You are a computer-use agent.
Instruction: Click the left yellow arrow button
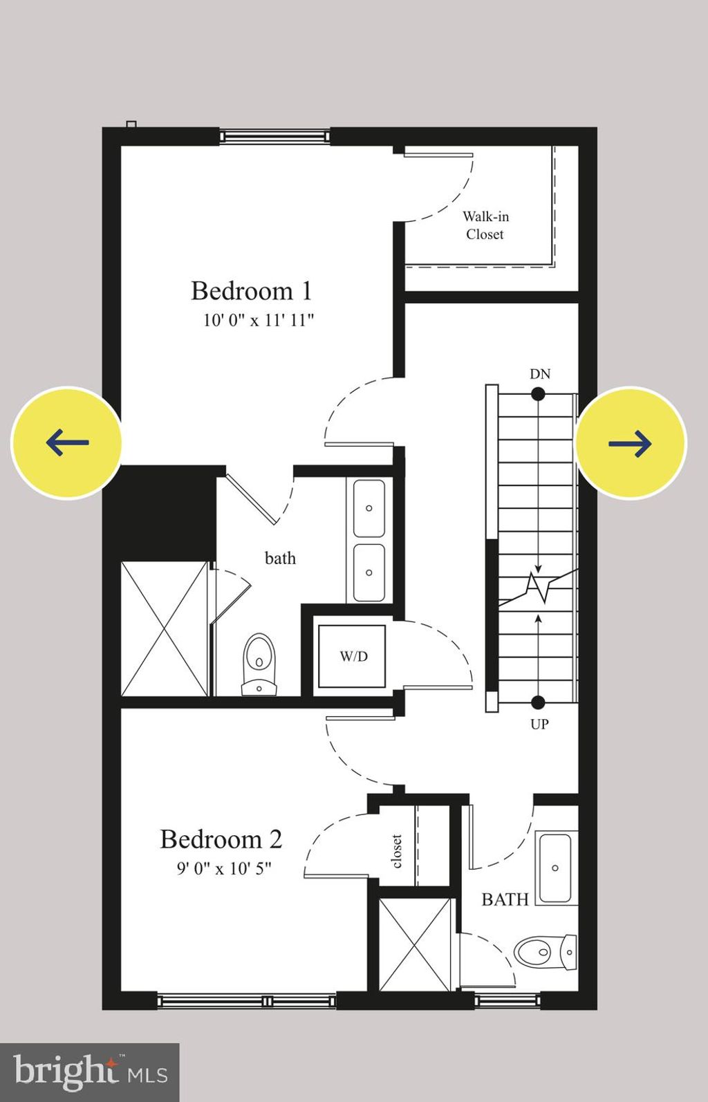pyautogui.click(x=67, y=442)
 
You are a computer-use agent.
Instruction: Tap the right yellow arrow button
pyautogui.click(x=631, y=442)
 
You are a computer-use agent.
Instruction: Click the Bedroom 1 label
pyautogui.click(x=252, y=291)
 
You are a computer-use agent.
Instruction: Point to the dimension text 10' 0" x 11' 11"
pyautogui.click(x=259, y=320)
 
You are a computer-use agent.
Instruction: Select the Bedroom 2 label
pyautogui.click(x=221, y=839)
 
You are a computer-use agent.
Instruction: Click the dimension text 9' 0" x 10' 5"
pyautogui.click(x=224, y=868)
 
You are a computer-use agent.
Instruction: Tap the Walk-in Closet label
pyautogui.click(x=485, y=225)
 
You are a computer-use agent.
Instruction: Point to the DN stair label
pyautogui.click(x=540, y=374)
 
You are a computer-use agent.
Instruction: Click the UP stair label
pyautogui.click(x=539, y=724)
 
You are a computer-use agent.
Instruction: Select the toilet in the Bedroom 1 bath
pyautogui.click(x=259, y=663)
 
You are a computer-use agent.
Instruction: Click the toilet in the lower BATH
pyautogui.click(x=546, y=953)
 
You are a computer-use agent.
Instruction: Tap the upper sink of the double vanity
pyautogui.click(x=369, y=508)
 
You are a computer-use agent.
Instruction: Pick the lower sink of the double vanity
pyautogui.click(x=369, y=572)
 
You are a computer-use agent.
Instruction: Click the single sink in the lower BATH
pyautogui.click(x=555, y=868)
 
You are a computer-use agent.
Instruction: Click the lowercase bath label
pyautogui.click(x=280, y=558)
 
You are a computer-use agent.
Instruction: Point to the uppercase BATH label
pyautogui.click(x=505, y=899)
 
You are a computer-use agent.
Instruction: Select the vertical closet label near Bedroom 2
pyautogui.click(x=397, y=851)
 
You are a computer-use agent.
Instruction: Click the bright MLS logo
pyautogui.click(x=90, y=1072)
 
